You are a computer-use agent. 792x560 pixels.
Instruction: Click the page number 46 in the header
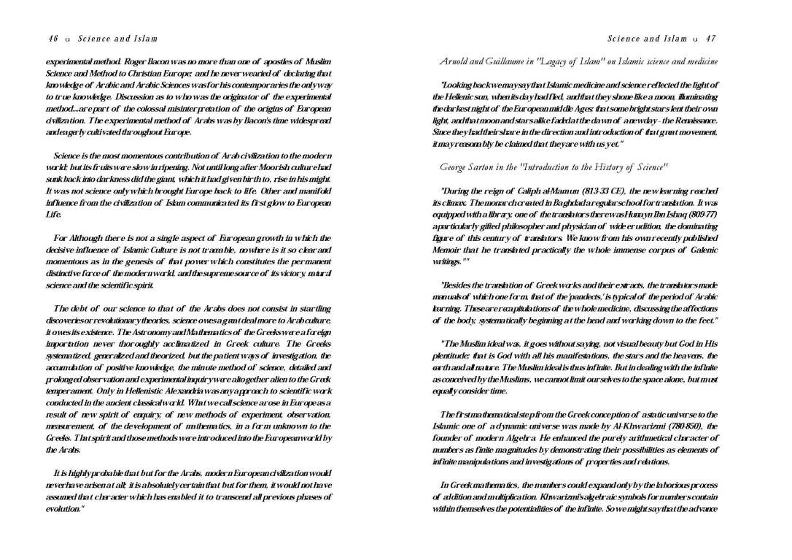pos(53,39)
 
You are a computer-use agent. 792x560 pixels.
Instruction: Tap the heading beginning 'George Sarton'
pos(554,167)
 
